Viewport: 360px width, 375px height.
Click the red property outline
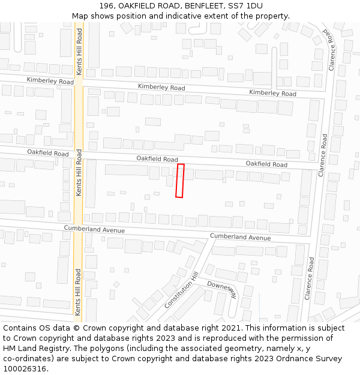179,181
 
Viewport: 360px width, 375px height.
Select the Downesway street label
223,289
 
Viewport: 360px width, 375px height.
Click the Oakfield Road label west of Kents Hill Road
48,154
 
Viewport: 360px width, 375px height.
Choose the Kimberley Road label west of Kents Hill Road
50,81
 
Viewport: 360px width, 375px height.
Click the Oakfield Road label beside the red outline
157,159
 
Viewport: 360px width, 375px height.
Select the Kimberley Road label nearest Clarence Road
272,93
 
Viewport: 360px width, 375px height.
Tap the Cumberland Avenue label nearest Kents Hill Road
94,230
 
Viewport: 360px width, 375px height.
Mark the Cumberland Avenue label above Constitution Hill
240,237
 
